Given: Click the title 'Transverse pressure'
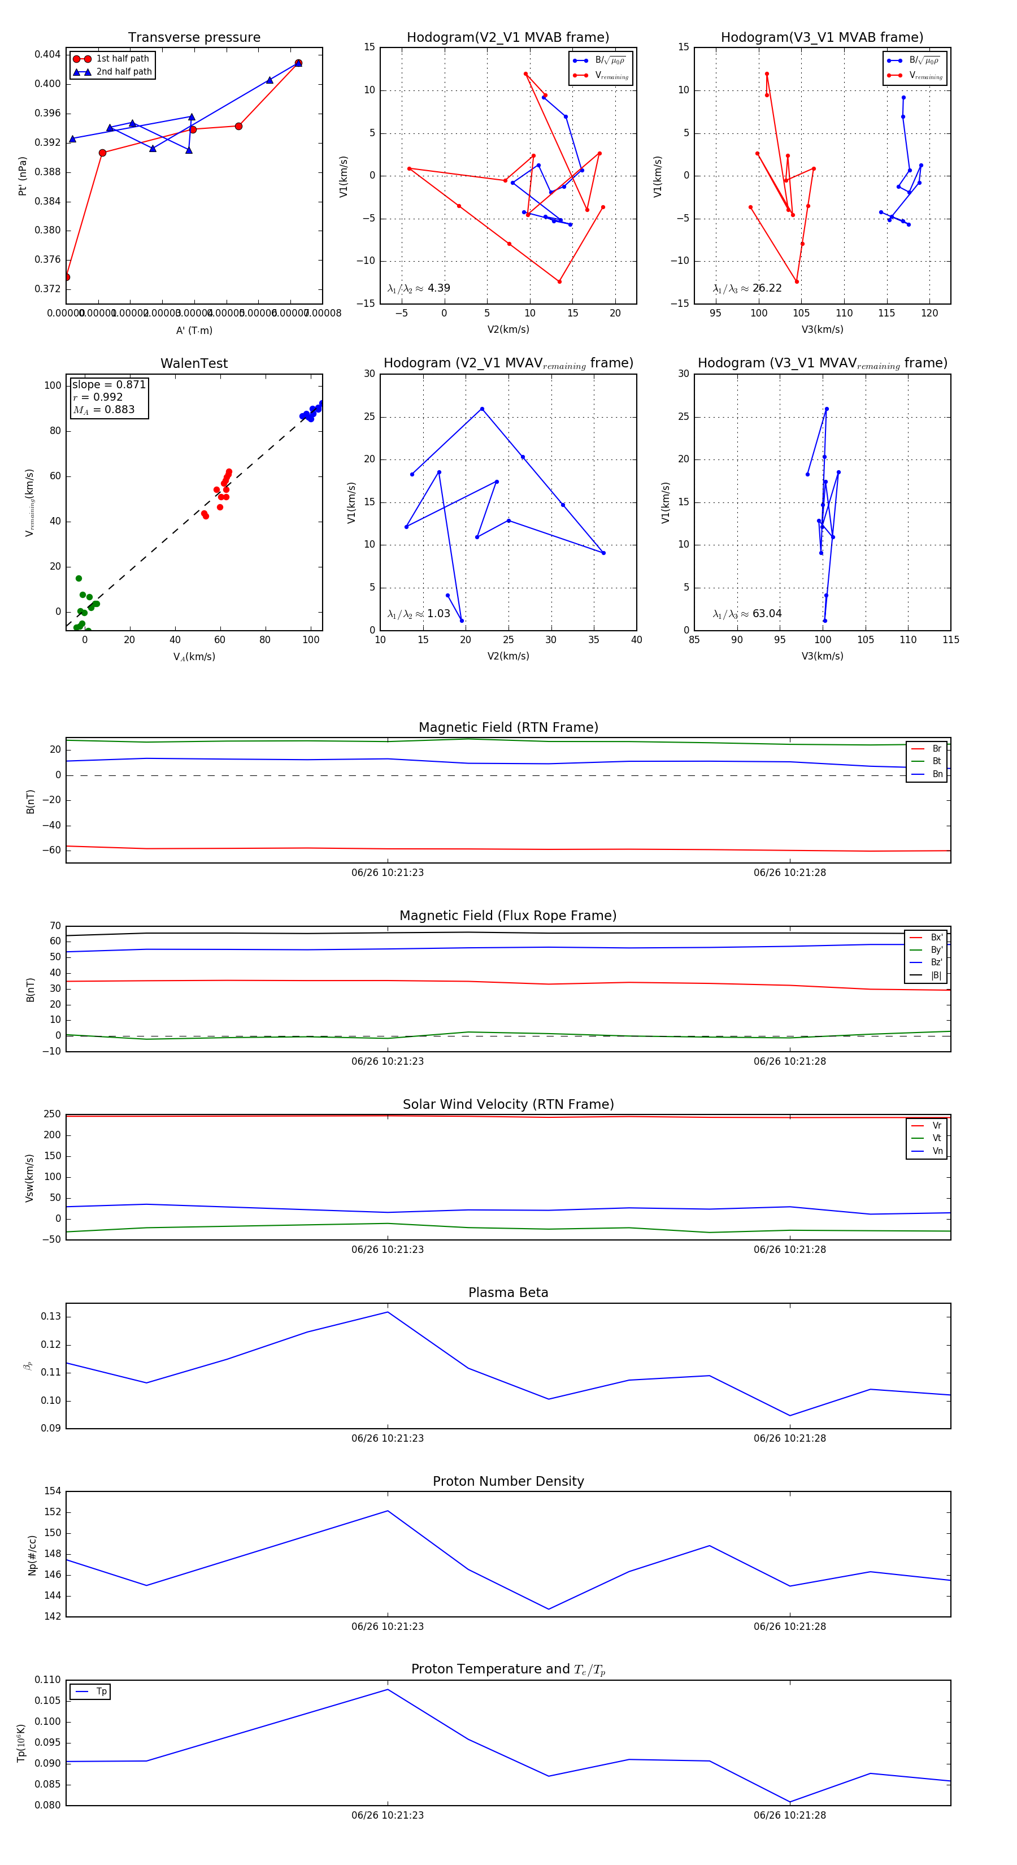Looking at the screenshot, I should coord(194,38).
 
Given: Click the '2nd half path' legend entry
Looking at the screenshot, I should coord(124,72).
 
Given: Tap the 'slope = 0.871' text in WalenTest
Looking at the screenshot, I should coord(108,384).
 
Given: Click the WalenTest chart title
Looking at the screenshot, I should coord(194,363).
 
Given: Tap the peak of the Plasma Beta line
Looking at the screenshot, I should coord(387,1312).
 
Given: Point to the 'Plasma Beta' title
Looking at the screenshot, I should coord(508,1293).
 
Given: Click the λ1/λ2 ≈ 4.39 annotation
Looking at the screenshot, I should coord(418,288).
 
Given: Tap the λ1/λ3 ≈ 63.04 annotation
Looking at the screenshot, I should coord(747,614).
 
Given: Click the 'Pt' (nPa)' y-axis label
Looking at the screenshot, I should coord(23,176).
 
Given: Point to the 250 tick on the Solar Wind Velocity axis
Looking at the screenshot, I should coord(52,1114).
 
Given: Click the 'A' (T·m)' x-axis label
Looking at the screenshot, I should coord(194,330).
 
